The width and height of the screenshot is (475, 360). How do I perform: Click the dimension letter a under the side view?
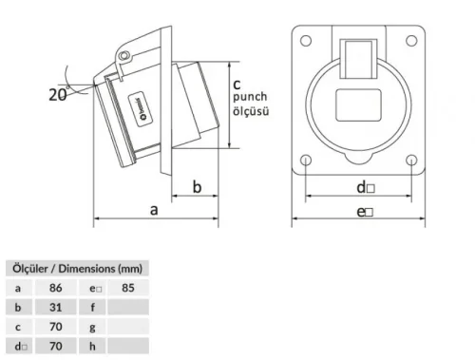tap(153, 211)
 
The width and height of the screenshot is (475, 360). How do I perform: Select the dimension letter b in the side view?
tap(197, 187)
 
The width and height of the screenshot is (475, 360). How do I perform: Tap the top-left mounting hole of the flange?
tap(307, 41)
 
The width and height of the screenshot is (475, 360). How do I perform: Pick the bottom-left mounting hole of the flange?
tap(307, 160)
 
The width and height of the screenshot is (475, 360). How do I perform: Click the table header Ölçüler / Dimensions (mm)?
tap(75, 269)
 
